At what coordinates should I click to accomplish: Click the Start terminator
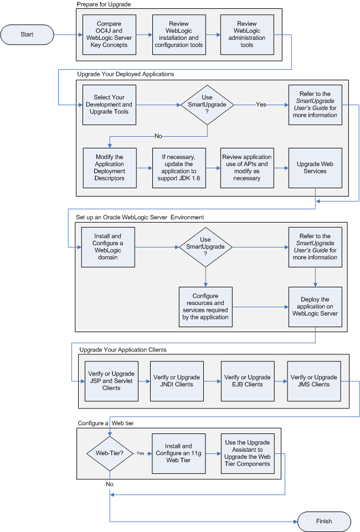[x=27, y=34]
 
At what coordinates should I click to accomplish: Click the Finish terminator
[x=324, y=521]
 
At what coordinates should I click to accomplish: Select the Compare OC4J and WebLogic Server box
[x=109, y=34]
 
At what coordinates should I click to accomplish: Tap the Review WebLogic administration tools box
[x=247, y=34]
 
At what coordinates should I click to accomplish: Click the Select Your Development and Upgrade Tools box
[x=109, y=105]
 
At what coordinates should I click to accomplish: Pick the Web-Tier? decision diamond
[x=109, y=453]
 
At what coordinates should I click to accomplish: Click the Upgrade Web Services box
[x=315, y=168]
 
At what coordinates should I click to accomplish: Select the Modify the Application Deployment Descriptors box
[x=109, y=168]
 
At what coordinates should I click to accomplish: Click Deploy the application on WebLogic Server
[x=315, y=307]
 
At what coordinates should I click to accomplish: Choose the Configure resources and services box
[x=206, y=307]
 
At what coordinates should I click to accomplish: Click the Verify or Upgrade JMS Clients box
[x=314, y=381]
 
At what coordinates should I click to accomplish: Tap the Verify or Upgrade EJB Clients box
[x=247, y=381]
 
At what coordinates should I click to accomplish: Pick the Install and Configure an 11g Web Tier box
[x=179, y=453]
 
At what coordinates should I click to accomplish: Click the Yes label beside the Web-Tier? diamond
[x=141, y=453]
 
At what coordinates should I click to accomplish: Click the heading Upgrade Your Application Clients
[x=122, y=350]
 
